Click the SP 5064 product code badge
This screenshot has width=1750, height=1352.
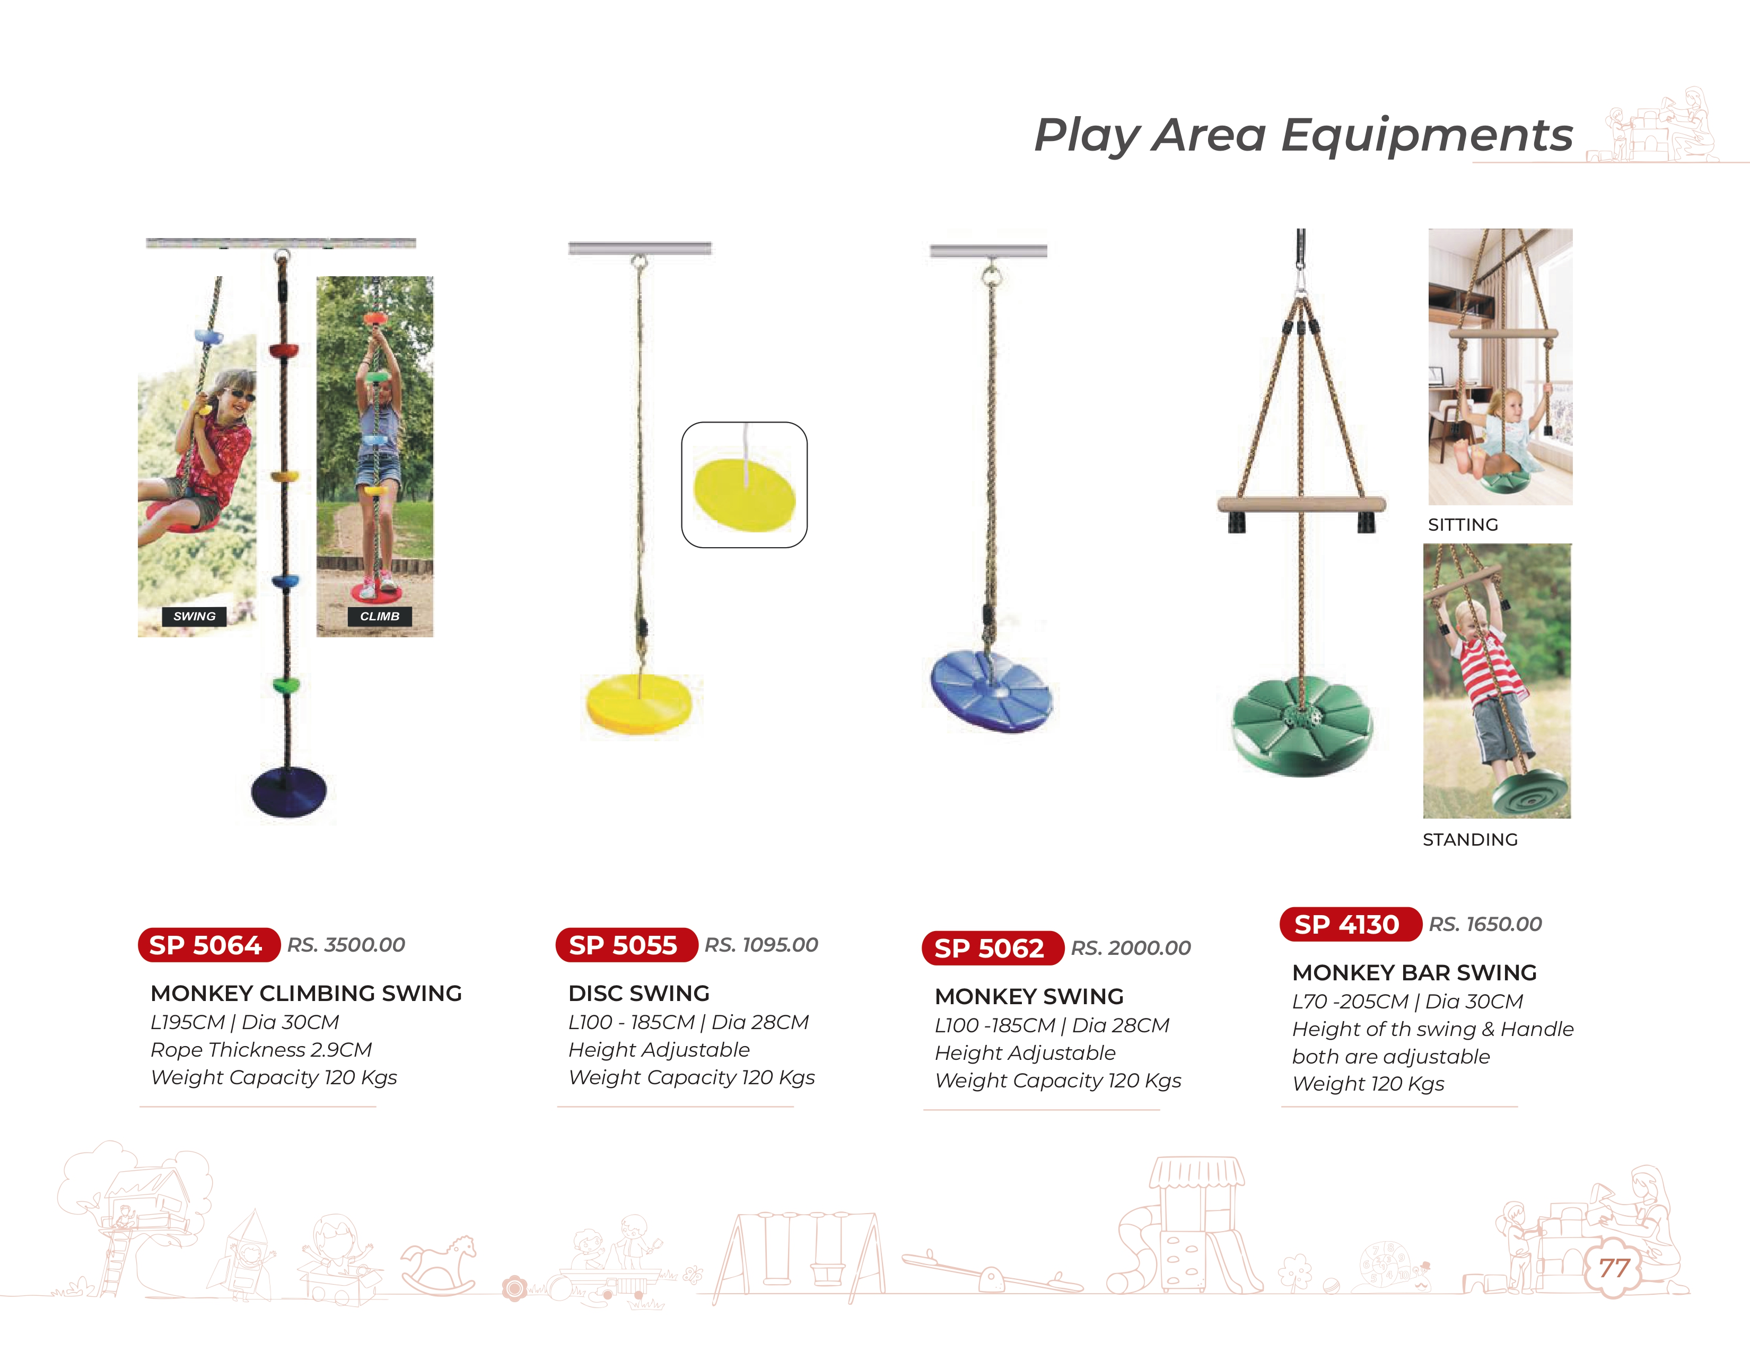point(208,945)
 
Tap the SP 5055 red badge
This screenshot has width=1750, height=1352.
point(626,945)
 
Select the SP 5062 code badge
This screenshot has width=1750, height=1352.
point(992,949)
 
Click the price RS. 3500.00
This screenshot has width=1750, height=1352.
point(346,945)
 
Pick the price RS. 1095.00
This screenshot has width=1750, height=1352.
point(761,945)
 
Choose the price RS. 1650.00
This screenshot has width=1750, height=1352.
point(1485,924)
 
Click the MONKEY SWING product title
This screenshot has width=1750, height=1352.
point(1029,996)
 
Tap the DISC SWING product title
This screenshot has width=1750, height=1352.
point(638,993)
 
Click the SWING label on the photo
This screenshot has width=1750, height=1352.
point(194,616)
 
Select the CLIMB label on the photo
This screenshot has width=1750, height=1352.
point(379,616)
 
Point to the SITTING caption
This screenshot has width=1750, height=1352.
point(1463,524)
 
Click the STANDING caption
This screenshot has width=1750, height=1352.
point(1471,839)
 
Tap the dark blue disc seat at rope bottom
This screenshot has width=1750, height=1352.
point(288,792)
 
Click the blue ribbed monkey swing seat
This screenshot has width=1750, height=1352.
point(991,690)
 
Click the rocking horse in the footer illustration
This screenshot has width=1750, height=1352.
point(439,1266)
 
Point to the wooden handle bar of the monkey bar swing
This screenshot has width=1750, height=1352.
point(1301,505)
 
